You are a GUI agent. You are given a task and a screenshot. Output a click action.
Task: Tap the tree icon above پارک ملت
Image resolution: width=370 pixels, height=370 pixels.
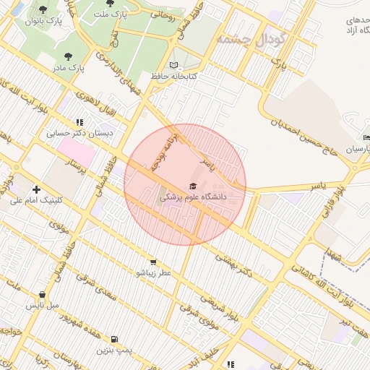110,4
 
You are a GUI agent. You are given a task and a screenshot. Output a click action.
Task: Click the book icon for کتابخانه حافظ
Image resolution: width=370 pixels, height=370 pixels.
172,64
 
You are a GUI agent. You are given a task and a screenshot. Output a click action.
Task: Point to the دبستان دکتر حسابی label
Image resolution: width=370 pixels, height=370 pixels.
79,133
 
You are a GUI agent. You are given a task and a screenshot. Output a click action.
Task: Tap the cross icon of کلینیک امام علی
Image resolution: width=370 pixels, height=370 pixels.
36,189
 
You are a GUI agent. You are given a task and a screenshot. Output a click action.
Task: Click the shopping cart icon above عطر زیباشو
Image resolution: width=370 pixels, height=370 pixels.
152,262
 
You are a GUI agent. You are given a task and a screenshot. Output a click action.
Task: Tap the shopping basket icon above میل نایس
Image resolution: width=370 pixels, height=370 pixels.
43,295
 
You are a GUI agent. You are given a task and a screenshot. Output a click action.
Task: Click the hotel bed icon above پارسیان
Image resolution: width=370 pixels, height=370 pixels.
366,137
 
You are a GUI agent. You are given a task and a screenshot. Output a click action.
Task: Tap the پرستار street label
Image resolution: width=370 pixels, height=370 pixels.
75,170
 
